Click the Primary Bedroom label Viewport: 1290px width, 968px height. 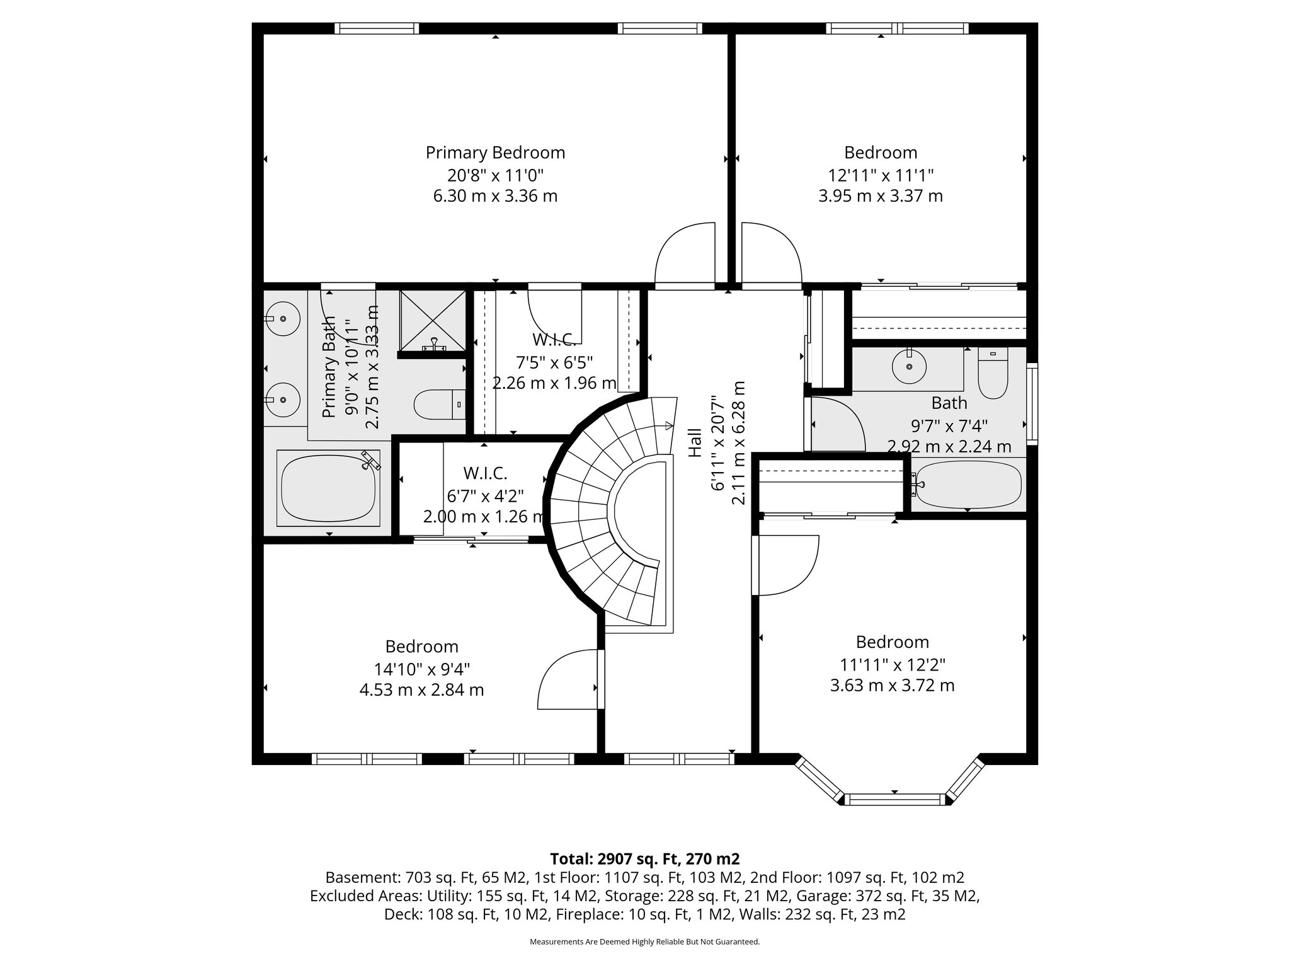[x=495, y=153]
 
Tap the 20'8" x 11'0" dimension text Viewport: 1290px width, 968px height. [x=495, y=175]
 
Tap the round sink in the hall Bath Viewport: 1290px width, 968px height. [x=909, y=366]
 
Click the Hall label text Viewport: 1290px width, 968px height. [x=694, y=442]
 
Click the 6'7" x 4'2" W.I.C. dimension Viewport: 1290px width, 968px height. [x=485, y=495]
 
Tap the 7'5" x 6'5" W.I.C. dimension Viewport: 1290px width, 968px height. [x=554, y=362]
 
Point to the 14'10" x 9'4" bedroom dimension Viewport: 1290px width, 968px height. [x=422, y=668]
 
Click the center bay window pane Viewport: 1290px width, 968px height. [x=894, y=800]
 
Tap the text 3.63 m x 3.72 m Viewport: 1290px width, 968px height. [x=893, y=685]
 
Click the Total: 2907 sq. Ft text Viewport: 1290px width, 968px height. [x=644, y=859]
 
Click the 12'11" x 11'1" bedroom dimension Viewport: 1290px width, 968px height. [x=880, y=175]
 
